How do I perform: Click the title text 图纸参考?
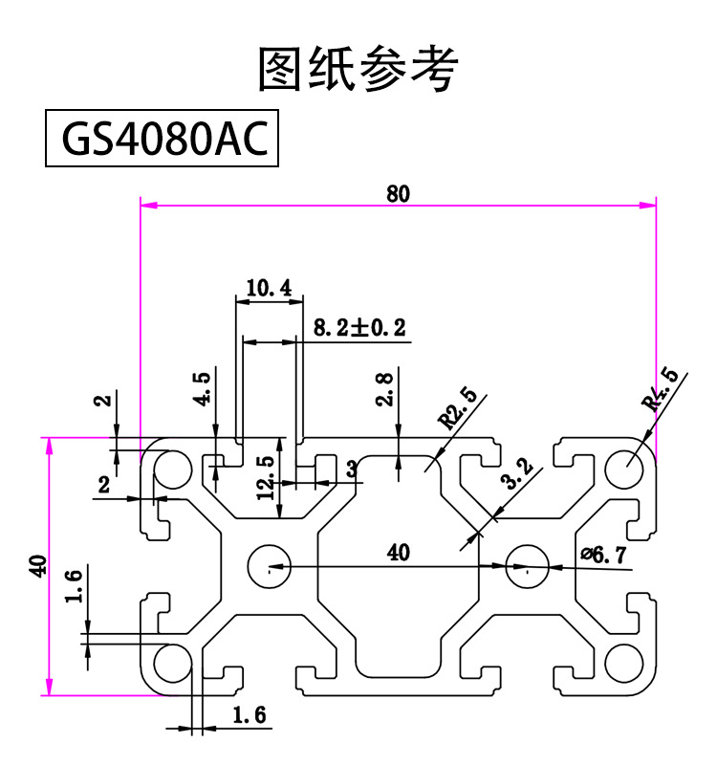coord(358,68)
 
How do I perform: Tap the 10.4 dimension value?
coord(269,287)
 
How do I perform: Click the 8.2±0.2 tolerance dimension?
coord(359,329)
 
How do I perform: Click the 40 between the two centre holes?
coord(398,552)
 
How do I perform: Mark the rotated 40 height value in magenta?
coord(37,565)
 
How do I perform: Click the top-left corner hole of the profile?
coord(173,470)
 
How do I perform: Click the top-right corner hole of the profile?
coord(624,470)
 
